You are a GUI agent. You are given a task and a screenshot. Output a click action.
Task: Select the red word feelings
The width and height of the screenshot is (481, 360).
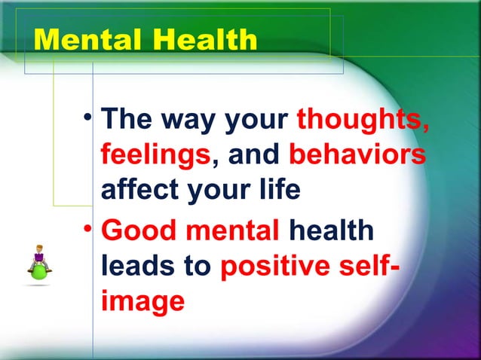155,155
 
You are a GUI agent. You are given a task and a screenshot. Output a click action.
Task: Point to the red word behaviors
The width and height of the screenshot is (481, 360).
357,155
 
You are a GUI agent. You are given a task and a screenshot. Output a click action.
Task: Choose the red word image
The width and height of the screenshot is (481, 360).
142,301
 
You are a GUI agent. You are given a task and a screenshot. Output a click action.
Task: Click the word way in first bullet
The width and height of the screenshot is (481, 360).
186,121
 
